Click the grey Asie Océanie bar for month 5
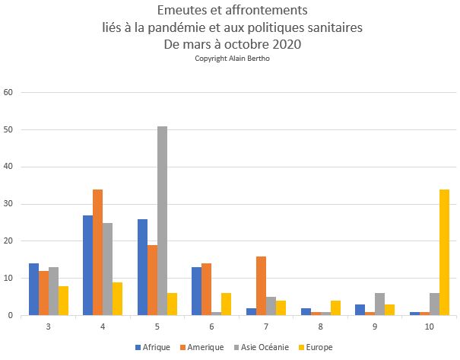[162, 221]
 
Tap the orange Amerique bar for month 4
[97, 252]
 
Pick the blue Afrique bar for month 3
[33, 289]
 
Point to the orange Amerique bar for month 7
[261, 285]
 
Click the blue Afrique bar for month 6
[196, 291]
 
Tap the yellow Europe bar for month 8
[335, 307]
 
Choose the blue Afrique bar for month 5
[142, 267]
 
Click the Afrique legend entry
[154, 348]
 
